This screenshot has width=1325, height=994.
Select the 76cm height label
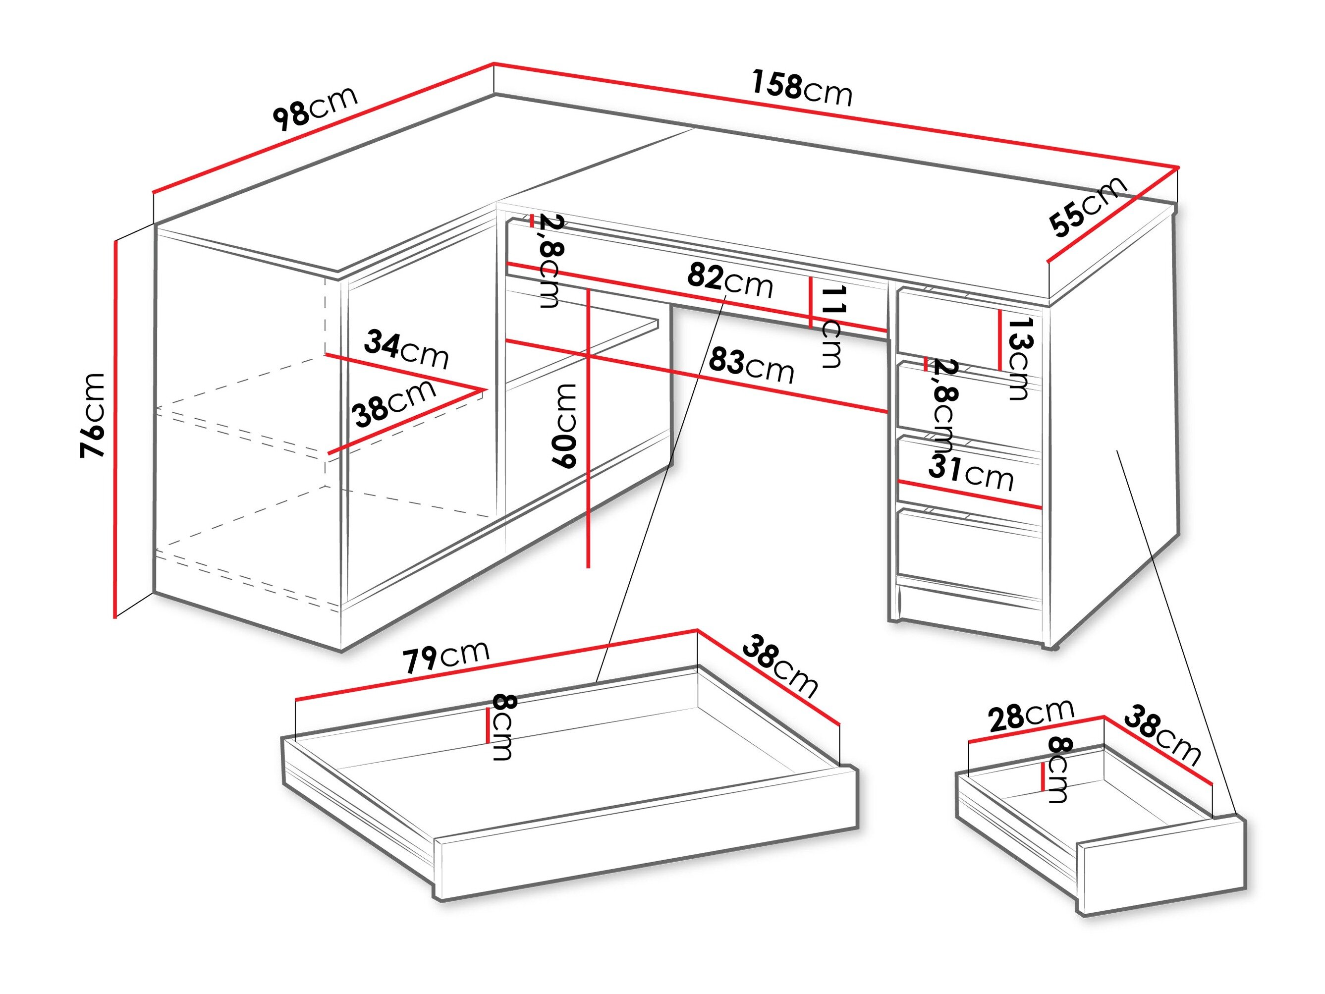94,415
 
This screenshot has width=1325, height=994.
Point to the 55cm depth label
1088,206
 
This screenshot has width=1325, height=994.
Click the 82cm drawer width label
729,281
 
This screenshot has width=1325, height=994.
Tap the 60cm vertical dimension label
564,426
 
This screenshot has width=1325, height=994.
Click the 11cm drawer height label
832,327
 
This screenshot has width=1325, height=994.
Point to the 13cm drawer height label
1019,358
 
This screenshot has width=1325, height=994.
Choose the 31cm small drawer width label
970,472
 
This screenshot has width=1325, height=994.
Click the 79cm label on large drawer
445,656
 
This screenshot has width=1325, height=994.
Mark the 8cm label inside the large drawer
502,727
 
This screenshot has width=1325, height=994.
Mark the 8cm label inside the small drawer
1058,770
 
